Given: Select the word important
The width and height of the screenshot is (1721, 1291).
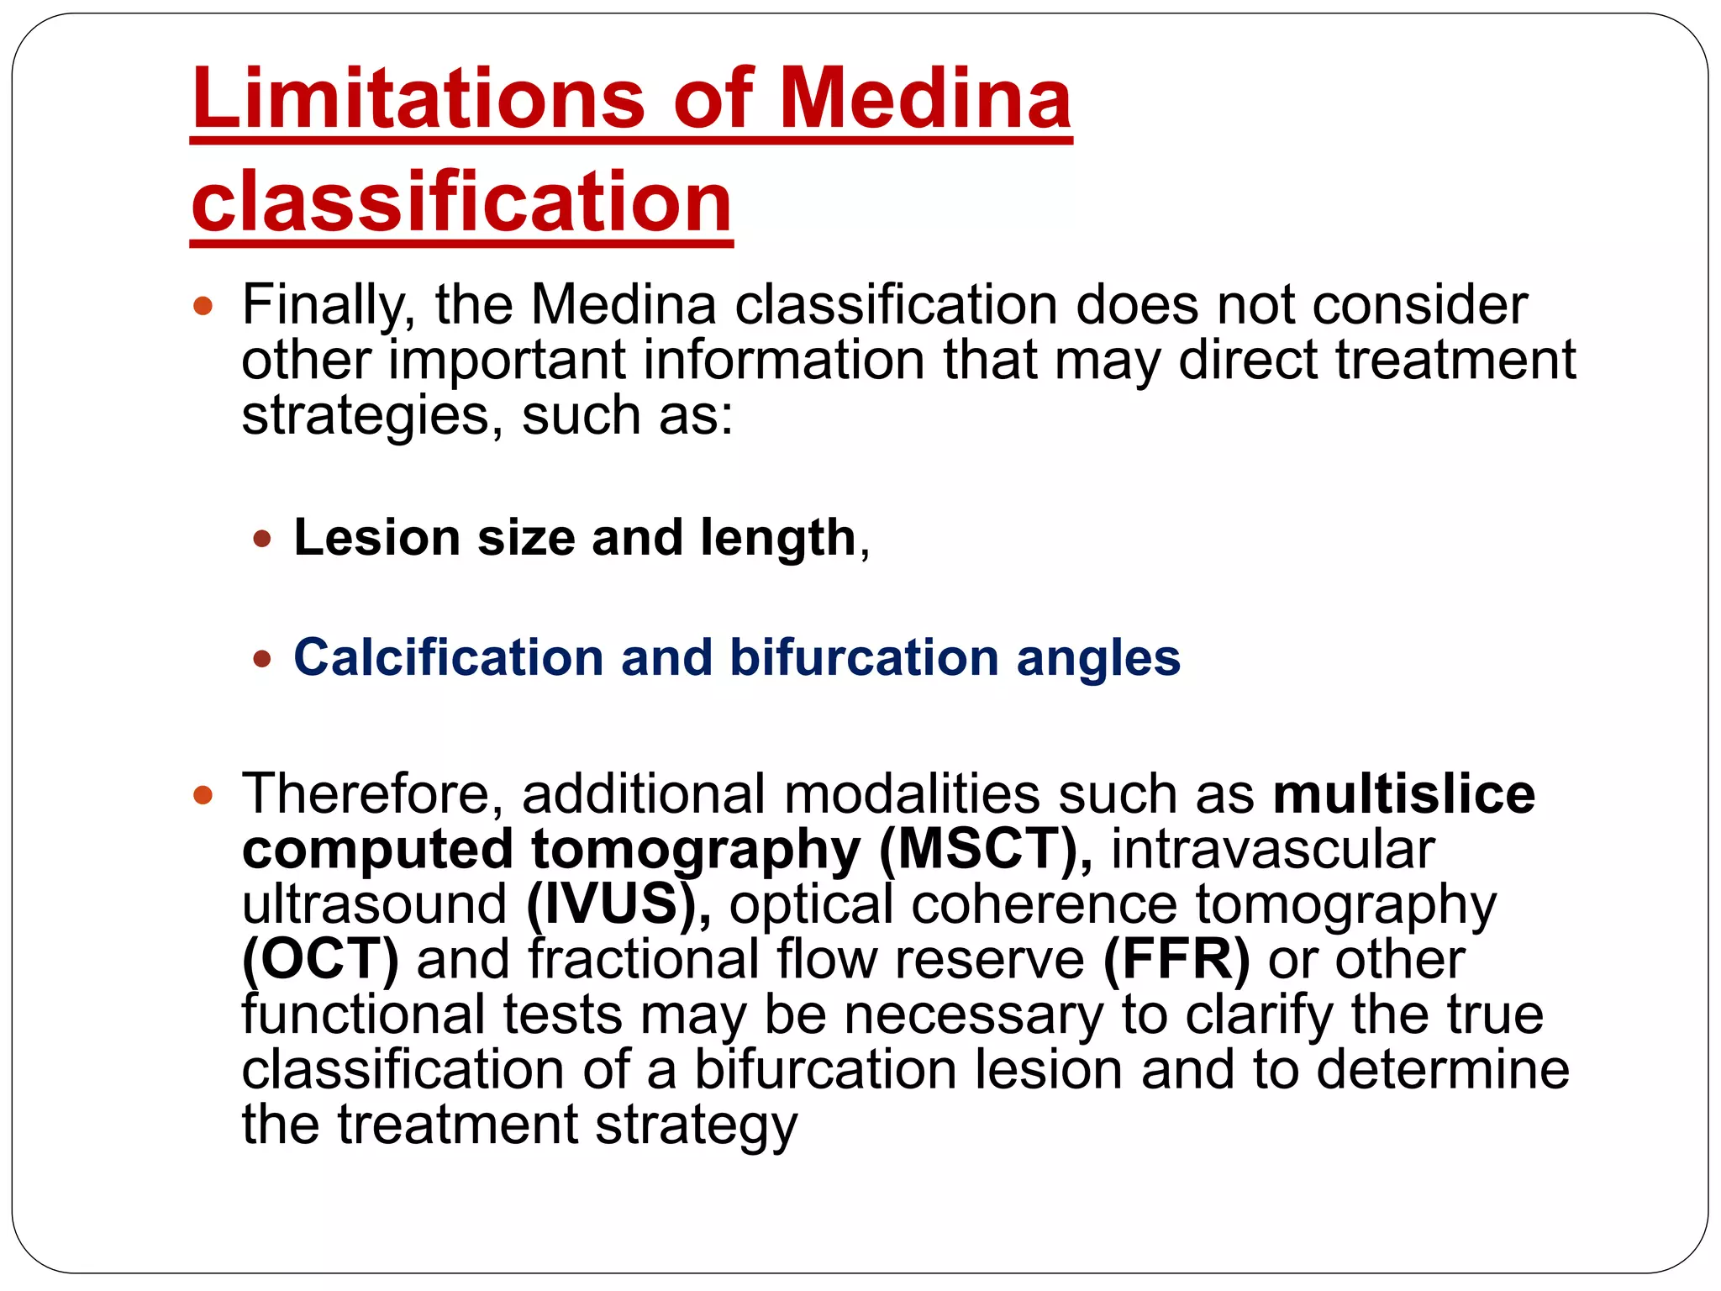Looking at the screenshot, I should tap(507, 360).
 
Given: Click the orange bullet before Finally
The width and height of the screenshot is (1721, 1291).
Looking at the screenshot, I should tap(203, 305).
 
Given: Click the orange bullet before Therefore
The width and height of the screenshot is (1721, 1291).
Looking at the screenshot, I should tap(203, 794).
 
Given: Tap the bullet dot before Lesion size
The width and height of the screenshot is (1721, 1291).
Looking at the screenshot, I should tap(262, 538).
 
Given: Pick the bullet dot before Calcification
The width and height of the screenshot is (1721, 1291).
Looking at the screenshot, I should tap(262, 658).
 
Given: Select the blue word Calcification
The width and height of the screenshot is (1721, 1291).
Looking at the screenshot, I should tap(448, 657).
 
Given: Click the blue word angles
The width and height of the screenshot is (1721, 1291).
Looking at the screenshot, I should tap(1098, 659).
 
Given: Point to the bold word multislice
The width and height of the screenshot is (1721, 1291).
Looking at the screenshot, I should tap(1404, 794).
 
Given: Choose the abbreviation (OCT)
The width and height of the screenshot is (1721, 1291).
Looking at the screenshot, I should tap(320, 960).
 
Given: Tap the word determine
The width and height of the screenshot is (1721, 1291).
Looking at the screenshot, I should tap(1442, 1070).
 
